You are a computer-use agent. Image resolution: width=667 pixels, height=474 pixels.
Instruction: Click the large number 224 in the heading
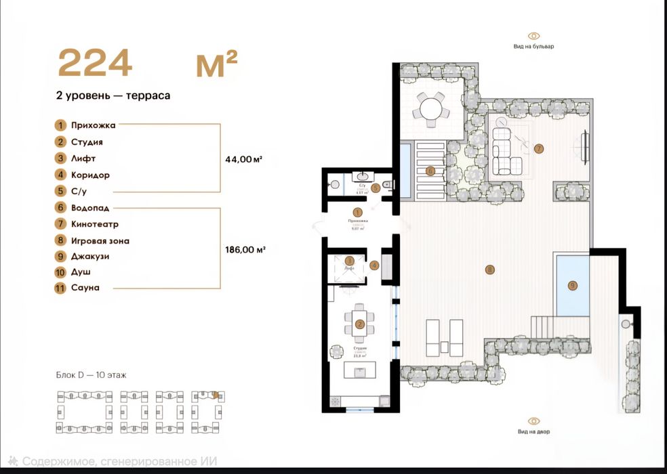tap(94, 64)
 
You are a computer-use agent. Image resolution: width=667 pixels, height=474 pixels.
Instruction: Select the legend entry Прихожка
tap(94, 125)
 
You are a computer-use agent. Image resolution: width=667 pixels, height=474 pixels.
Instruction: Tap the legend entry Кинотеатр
tap(95, 224)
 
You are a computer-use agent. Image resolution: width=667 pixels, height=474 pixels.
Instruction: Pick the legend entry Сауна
tap(85, 288)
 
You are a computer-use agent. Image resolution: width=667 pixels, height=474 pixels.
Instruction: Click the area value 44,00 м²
tap(243, 159)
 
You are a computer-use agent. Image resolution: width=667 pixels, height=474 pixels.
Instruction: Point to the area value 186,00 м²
tap(245, 249)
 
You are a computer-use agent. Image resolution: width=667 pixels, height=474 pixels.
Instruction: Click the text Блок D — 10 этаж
tap(91, 374)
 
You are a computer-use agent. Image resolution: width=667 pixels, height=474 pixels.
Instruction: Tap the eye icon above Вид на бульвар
tap(534, 36)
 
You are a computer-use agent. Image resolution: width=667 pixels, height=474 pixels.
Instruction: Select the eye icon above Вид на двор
tap(534, 421)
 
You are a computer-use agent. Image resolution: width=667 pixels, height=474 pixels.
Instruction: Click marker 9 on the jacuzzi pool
tap(573, 286)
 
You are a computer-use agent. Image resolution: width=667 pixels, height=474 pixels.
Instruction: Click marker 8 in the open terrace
tap(489, 270)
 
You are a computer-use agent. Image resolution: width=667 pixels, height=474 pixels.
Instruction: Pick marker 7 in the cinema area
tap(539, 148)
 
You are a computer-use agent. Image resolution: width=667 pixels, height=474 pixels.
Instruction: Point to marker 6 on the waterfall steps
tap(430, 171)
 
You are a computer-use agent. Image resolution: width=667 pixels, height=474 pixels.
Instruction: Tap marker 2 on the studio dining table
tap(360, 324)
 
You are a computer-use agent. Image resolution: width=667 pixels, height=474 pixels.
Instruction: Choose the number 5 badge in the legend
tap(61, 192)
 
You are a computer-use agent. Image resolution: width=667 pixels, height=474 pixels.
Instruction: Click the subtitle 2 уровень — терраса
tap(113, 95)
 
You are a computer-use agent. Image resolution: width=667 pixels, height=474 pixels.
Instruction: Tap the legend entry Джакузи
tap(90, 257)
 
